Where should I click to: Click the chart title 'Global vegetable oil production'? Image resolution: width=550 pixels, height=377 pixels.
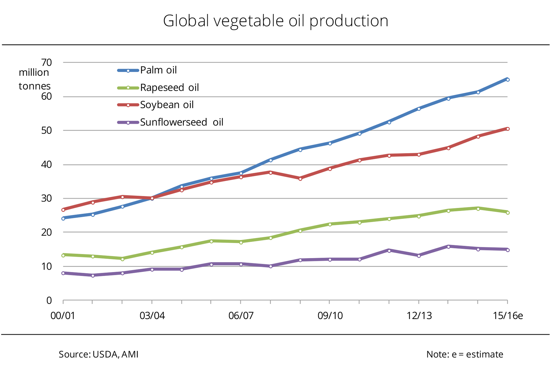pyautogui.click(x=276, y=21)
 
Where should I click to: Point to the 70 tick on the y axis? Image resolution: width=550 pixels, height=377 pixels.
pyautogui.click(x=46, y=63)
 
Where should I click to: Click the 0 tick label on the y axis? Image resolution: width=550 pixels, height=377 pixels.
pyautogui.click(x=49, y=300)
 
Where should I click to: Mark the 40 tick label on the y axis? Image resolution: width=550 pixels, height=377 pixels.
pyautogui.click(x=46, y=165)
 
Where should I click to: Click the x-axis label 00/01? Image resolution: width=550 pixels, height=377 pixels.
pyautogui.click(x=63, y=316)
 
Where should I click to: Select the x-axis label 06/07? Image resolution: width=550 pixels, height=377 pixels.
pyautogui.click(x=241, y=316)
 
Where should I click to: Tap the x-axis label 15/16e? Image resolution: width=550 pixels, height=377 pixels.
pyautogui.click(x=508, y=316)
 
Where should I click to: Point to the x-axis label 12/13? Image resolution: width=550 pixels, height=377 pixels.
pyautogui.click(x=419, y=316)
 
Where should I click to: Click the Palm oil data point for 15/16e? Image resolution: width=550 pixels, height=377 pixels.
pyautogui.click(x=508, y=80)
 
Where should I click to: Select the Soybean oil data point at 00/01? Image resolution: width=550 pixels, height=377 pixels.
pyautogui.click(x=63, y=210)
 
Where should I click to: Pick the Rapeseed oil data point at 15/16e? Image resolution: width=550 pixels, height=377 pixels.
pyautogui.click(x=508, y=213)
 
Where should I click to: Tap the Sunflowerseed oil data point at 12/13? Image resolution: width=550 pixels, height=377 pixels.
pyautogui.click(x=419, y=256)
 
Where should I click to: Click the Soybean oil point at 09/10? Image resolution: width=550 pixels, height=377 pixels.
pyautogui.click(x=330, y=169)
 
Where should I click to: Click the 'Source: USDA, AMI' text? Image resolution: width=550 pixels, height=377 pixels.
pyautogui.click(x=99, y=354)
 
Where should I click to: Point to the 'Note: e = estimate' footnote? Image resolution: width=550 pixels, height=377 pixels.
pyautogui.click(x=465, y=354)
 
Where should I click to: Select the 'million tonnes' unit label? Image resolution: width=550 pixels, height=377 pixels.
pyautogui.click(x=34, y=79)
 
